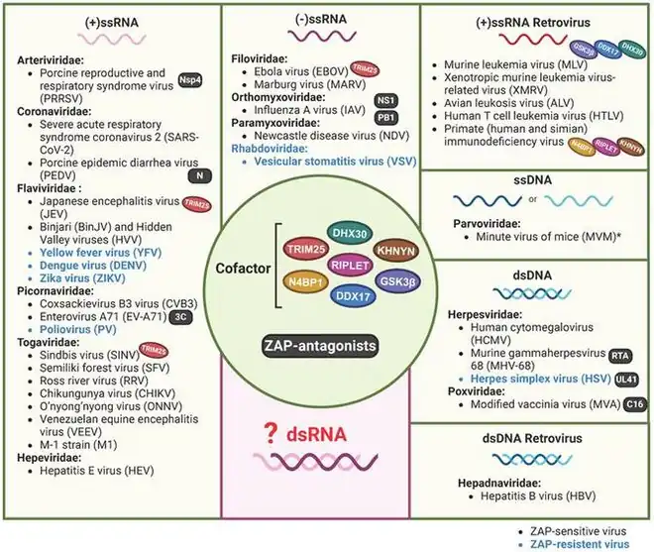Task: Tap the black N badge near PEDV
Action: [x=202, y=175]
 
